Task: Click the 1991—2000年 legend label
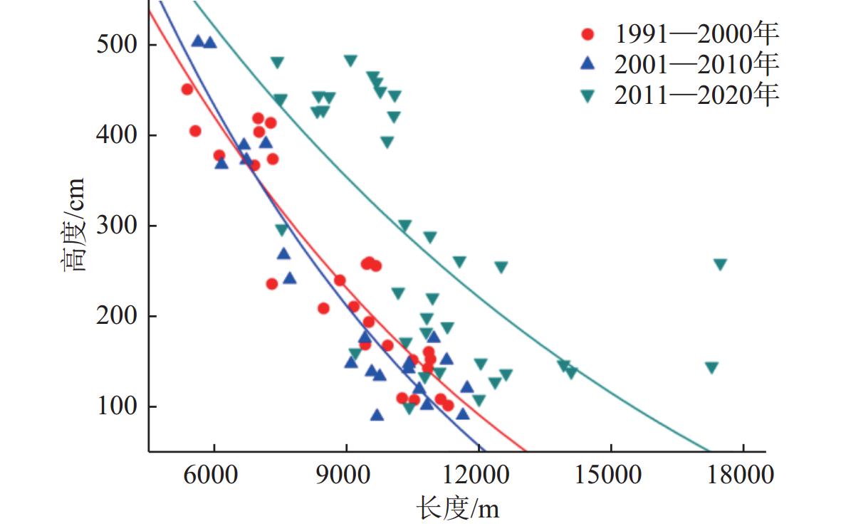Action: click(x=697, y=33)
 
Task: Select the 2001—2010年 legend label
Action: click(x=697, y=64)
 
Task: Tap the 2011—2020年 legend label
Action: click(x=697, y=95)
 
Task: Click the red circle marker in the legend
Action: click(x=587, y=33)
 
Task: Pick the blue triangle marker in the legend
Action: click(x=587, y=64)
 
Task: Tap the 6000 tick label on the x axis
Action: click(x=214, y=475)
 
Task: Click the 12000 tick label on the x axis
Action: click(x=479, y=475)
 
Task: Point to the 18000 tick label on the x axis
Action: click(x=743, y=475)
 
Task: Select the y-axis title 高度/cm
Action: click(x=73, y=224)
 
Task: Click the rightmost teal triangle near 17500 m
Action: click(x=720, y=265)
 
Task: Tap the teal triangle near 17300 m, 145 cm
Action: click(x=711, y=368)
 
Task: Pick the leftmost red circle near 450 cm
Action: click(x=187, y=89)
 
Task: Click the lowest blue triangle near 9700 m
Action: click(x=377, y=415)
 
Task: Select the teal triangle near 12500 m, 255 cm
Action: click(x=501, y=268)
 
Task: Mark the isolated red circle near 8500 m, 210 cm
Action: click(x=323, y=308)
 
